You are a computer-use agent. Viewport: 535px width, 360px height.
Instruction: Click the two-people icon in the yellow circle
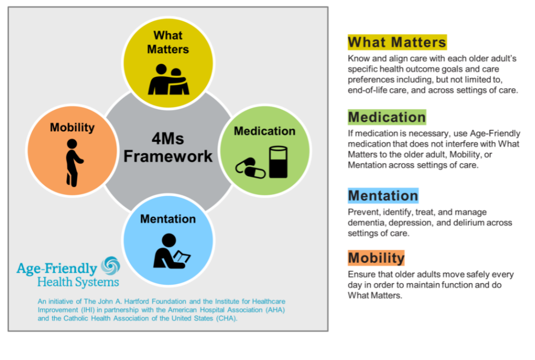169,80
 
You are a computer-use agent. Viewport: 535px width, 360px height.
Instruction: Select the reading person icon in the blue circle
171,251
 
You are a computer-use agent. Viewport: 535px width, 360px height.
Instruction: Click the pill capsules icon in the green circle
251,169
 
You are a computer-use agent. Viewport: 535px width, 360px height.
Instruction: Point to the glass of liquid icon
278,161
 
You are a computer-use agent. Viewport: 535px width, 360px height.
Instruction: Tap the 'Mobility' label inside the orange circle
72,128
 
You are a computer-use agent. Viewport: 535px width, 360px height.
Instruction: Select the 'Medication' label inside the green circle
264,131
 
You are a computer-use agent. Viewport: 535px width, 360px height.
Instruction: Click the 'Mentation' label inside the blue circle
168,219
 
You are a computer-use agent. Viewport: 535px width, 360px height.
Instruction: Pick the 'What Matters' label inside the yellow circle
168,42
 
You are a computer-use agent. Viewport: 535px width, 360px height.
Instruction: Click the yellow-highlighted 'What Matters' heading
397,42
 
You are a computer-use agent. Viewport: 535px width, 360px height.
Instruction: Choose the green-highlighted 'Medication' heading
387,117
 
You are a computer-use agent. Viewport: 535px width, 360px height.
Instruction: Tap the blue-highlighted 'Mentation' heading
383,195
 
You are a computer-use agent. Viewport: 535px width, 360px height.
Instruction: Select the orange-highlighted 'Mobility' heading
376,257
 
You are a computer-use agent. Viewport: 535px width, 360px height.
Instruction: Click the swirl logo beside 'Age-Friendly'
110,266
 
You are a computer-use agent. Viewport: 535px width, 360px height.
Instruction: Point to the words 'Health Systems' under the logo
78,282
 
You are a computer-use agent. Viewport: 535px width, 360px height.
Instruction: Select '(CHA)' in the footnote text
225,319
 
